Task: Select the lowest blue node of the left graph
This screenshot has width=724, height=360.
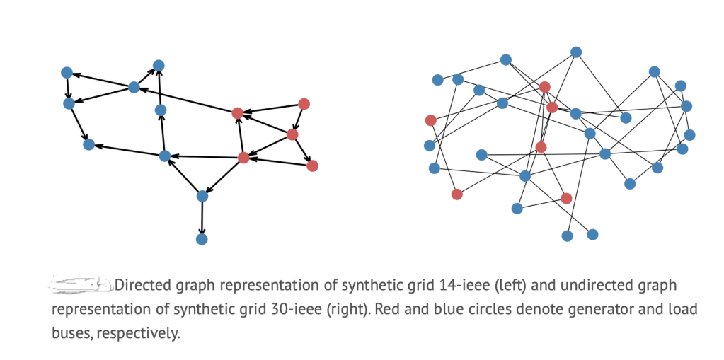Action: point(202,239)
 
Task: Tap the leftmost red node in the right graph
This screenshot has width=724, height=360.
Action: point(430,120)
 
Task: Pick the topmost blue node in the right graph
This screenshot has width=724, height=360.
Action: point(576,52)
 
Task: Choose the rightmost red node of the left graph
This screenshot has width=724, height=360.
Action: point(313,166)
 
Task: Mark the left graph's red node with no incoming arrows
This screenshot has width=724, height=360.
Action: point(304,104)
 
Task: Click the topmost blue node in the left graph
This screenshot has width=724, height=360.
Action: point(159,66)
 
